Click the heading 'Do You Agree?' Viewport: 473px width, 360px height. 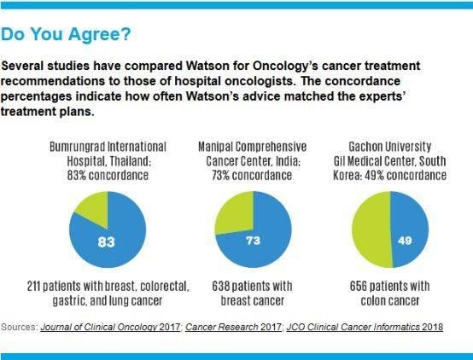[x=66, y=34]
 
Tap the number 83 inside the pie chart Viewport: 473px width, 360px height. [x=107, y=241]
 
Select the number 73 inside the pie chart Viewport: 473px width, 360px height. [x=253, y=241]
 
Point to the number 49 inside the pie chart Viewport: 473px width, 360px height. [x=405, y=241]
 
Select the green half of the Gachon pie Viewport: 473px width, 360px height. [x=371, y=229]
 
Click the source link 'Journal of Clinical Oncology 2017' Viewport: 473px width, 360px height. [x=110, y=327]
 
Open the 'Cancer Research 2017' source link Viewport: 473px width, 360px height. [x=233, y=327]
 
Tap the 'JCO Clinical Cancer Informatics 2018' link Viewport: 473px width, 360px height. [x=365, y=327]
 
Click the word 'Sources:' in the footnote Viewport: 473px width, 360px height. [x=19, y=327]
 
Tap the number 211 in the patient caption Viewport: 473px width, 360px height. [x=33, y=286]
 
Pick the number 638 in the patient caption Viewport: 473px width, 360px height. [x=220, y=286]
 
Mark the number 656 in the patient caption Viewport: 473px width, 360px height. [x=358, y=286]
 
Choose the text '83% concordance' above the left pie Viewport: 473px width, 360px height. [x=108, y=175]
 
